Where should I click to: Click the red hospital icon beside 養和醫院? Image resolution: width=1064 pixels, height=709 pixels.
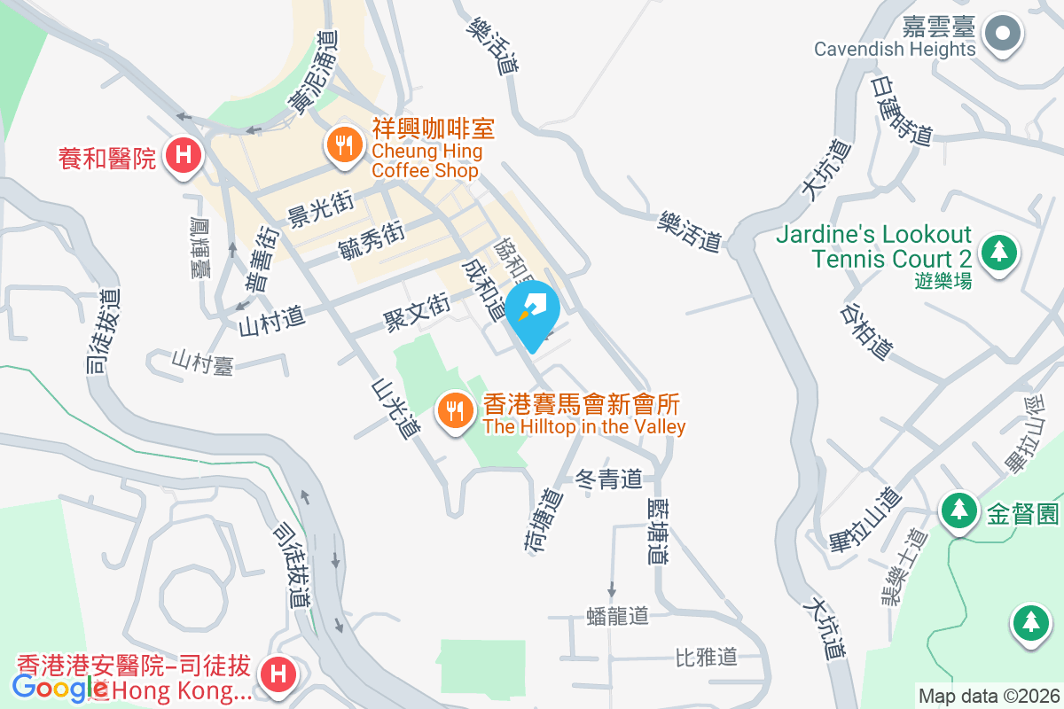pyautogui.click(x=183, y=156)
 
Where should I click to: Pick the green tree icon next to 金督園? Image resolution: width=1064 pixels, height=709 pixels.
pyautogui.click(x=958, y=511)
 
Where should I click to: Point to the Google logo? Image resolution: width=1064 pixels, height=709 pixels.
pyautogui.click(x=60, y=687)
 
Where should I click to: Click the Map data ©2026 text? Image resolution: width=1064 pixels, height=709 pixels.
pyautogui.click(x=988, y=696)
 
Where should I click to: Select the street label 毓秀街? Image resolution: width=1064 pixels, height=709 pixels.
pyautogui.click(x=372, y=240)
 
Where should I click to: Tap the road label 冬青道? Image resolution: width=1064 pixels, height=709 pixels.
pyautogui.click(x=609, y=479)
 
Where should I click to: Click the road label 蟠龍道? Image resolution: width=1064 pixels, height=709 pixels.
pyautogui.click(x=618, y=615)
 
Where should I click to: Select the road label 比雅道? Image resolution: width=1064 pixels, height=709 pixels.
pyautogui.click(x=706, y=657)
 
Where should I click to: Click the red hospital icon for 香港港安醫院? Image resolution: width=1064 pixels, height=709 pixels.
pyautogui.click(x=278, y=673)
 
